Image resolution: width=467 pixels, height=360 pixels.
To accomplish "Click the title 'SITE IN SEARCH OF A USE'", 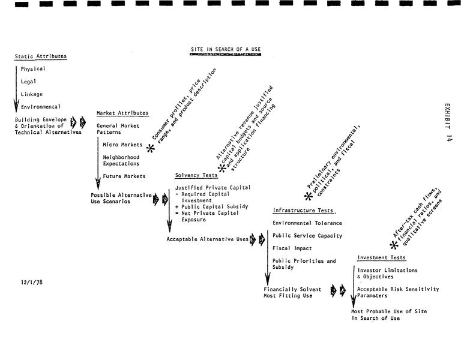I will [226, 49].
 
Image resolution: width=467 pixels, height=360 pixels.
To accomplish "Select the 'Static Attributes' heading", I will [41, 57].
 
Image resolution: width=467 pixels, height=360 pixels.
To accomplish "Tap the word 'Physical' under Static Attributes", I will [33, 69].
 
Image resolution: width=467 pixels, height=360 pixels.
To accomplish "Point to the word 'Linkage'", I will [32, 94].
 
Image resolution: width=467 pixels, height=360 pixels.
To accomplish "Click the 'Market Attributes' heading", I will [122, 113].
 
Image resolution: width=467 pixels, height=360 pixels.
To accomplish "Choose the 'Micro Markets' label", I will [122, 145].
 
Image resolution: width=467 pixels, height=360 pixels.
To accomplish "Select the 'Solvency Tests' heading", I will [196, 176].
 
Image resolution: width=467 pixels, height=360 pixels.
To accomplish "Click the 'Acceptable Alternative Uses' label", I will [208, 239].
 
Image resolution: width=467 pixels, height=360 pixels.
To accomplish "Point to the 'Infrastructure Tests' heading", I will [304, 211].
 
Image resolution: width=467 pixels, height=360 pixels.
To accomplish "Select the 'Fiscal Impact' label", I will [292, 248].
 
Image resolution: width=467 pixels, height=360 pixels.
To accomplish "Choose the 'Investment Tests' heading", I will [381, 258].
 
